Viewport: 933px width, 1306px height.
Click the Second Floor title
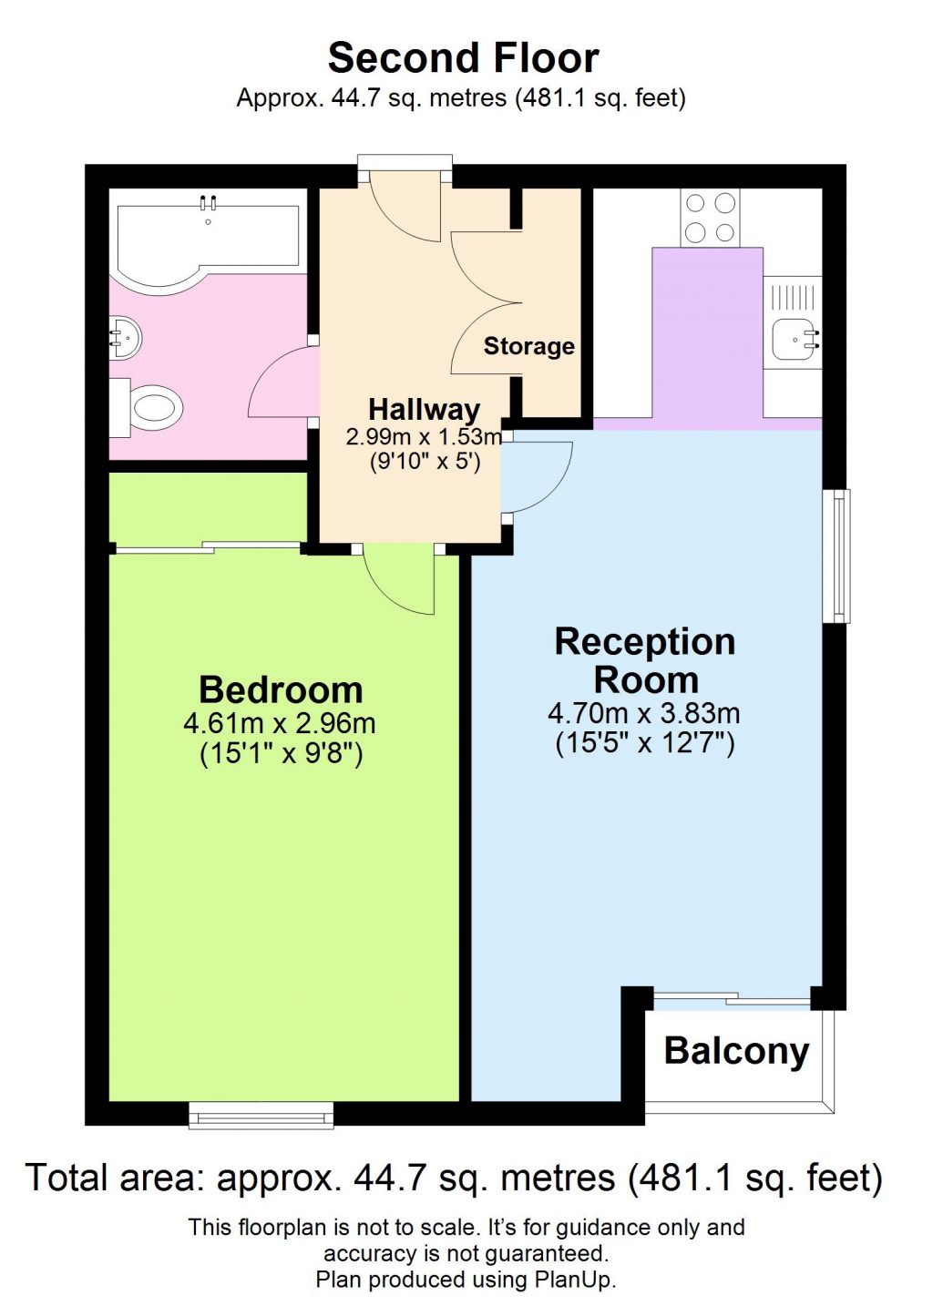tap(463, 58)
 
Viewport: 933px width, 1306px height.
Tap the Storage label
tap(528, 346)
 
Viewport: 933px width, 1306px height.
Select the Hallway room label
tap(424, 409)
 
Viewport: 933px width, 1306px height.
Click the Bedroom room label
tap(281, 689)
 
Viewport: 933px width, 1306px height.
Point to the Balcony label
tap(736, 1051)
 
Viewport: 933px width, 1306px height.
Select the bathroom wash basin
tap(126, 339)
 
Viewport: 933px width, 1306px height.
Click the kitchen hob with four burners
tap(710, 218)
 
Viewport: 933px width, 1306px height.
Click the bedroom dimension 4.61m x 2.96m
tap(280, 723)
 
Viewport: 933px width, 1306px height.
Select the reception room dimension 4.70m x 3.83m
tap(643, 713)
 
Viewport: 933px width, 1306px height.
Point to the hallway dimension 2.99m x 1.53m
tap(424, 437)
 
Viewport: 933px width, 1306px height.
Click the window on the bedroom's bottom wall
tap(261, 1115)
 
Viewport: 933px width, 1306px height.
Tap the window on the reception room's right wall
tap(836, 556)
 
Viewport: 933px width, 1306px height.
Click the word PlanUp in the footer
tap(574, 1280)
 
